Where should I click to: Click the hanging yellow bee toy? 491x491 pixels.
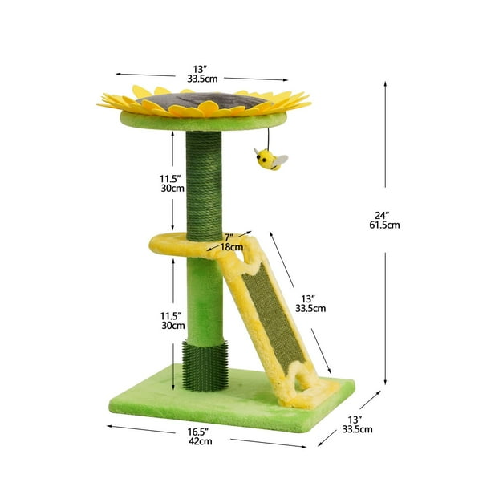pyautogui.click(x=270, y=159)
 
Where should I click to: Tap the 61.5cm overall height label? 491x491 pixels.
pyautogui.click(x=384, y=225)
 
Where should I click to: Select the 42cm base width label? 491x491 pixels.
pyautogui.click(x=200, y=441)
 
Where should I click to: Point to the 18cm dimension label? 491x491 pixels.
pyautogui.click(x=232, y=247)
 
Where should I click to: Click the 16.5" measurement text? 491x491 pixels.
pyautogui.click(x=198, y=432)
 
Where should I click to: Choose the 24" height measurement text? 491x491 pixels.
pyautogui.click(x=382, y=216)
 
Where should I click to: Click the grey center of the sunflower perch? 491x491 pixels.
pyautogui.click(x=203, y=100)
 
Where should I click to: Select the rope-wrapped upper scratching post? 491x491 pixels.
pyautogui.click(x=204, y=186)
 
